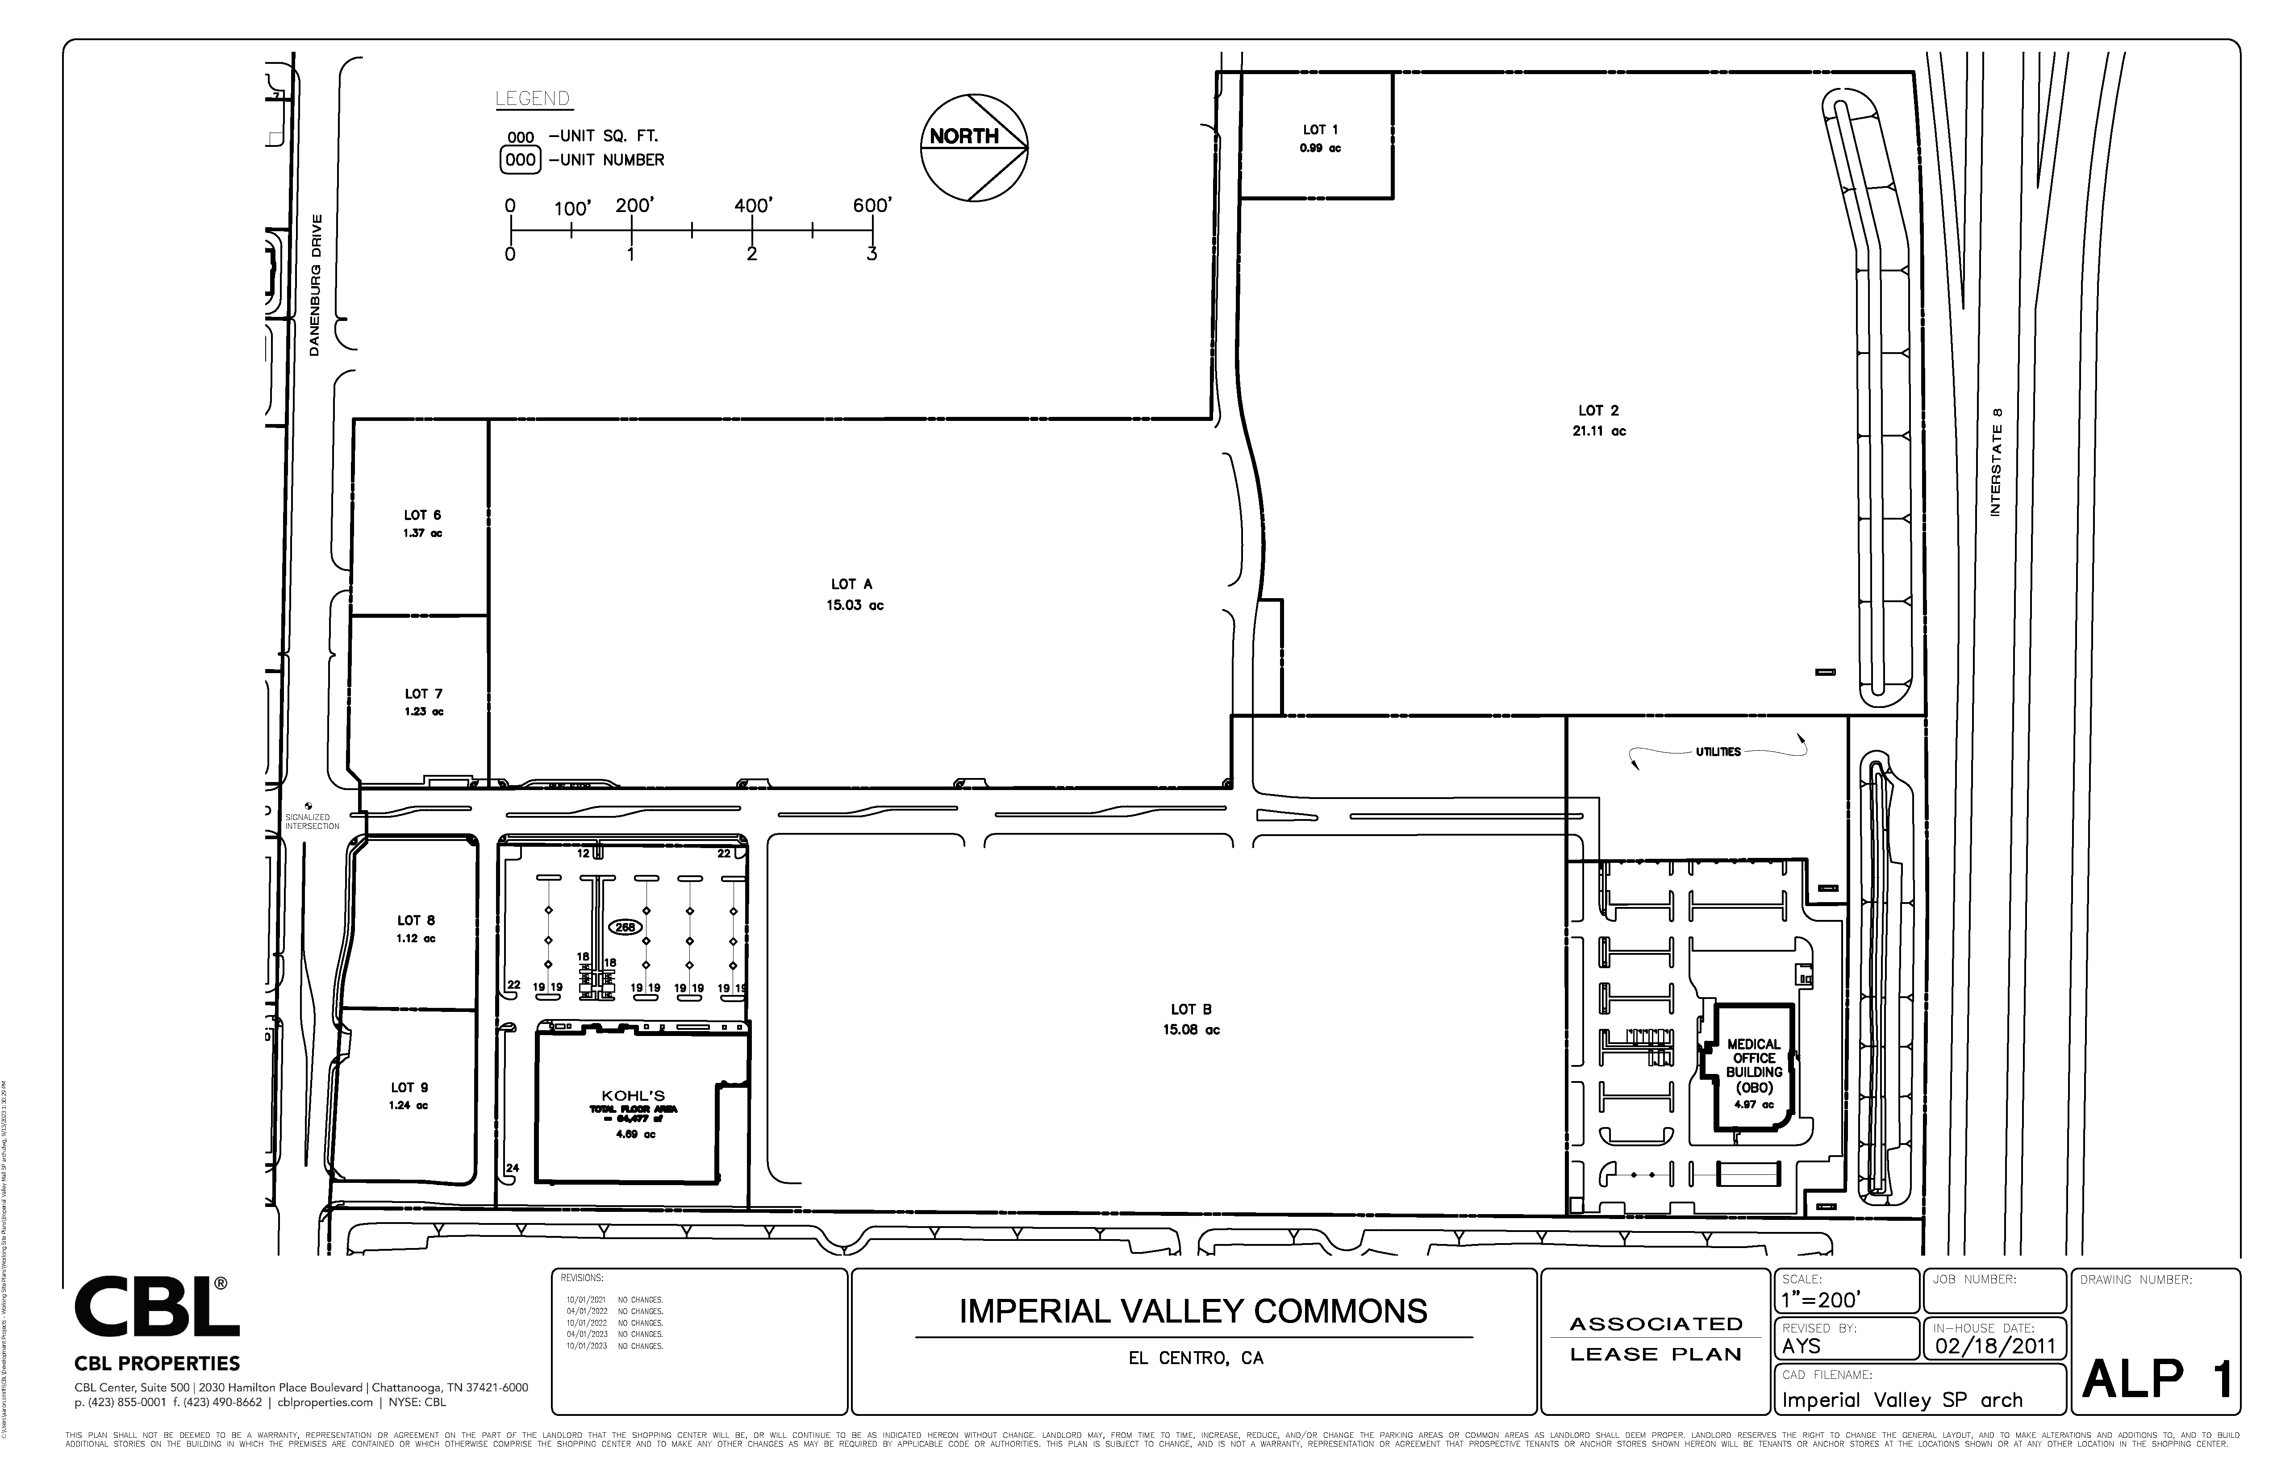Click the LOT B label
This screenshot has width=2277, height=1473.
point(1191,1009)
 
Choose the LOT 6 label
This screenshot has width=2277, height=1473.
point(422,516)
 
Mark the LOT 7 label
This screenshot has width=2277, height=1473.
point(423,694)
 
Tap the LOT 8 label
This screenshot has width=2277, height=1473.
point(416,920)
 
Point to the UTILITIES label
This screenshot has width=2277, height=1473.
point(1718,752)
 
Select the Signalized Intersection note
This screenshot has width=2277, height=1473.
point(312,822)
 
